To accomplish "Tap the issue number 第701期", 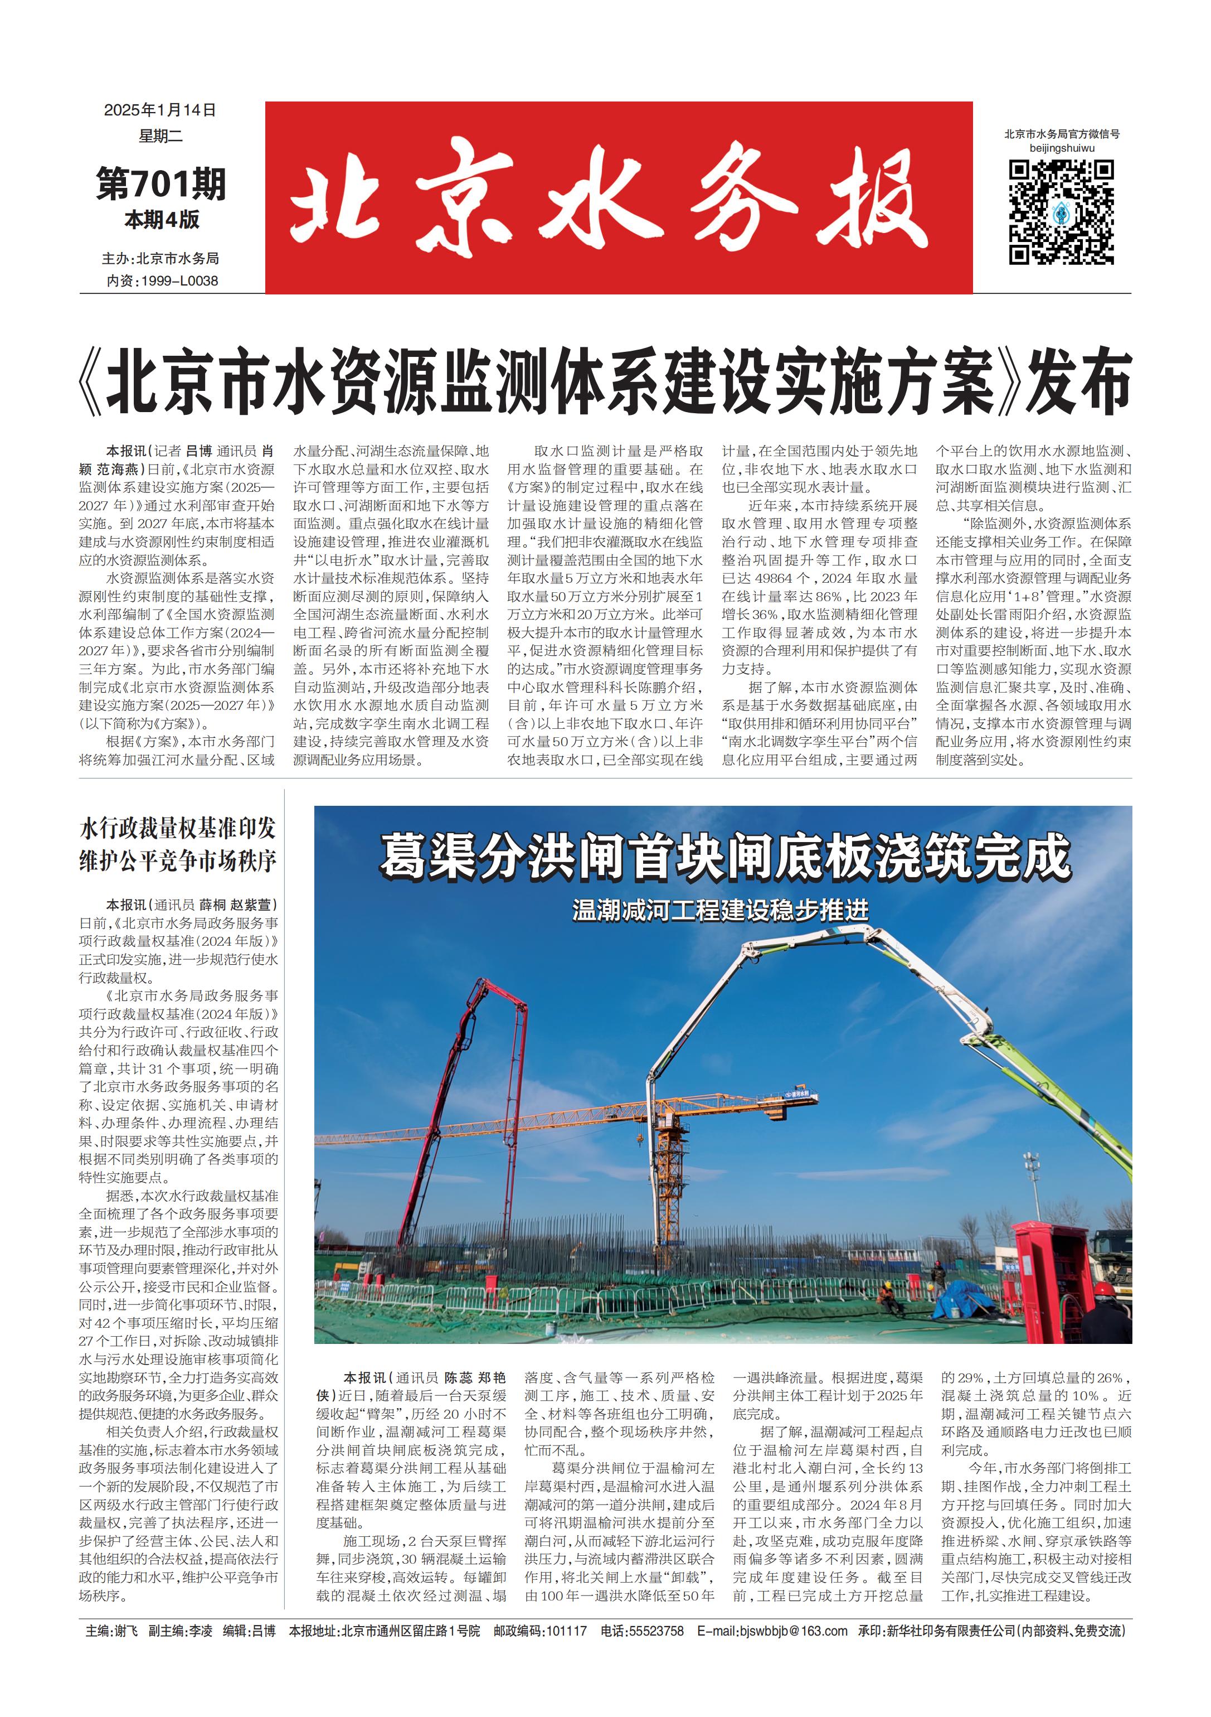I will pyautogui.click(x=161, y=183).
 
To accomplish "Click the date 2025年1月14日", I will pyautogui.click(x=160, y=110).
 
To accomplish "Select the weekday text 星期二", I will pyautogui.click(x=160, y=136).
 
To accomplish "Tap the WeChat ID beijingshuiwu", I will pyautogui.click(x=1062, y=148).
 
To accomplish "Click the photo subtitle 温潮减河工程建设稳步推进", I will pyautogui.click(x=721, y=910).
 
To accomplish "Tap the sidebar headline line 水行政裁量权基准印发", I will pyautogui.click(x=178, y=828).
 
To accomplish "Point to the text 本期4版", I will pyautogui.click(x=162, y=220).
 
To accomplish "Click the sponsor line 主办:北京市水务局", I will pyautogui.click(x=161, y=259).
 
